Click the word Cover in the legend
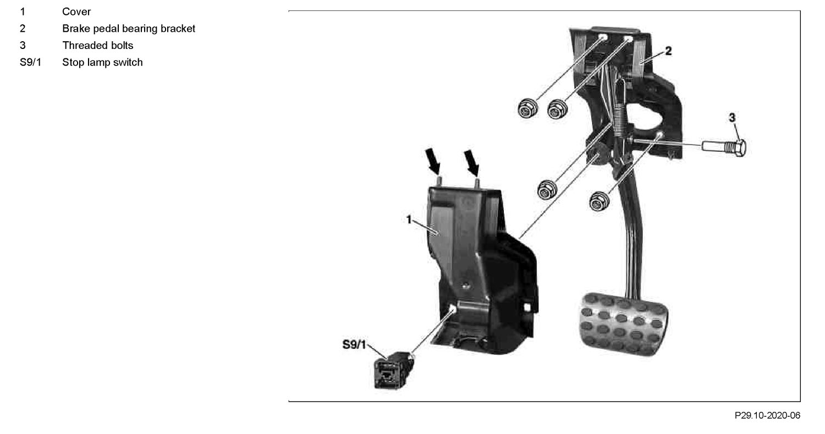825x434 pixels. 76,12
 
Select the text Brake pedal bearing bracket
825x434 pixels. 129,29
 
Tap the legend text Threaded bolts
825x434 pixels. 97,45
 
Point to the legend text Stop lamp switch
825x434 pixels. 102,62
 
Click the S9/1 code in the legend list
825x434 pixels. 31,62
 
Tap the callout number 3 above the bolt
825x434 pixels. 732,118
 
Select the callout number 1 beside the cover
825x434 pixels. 409,219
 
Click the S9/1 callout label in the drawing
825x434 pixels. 354,344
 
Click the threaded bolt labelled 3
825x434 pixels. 724,147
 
